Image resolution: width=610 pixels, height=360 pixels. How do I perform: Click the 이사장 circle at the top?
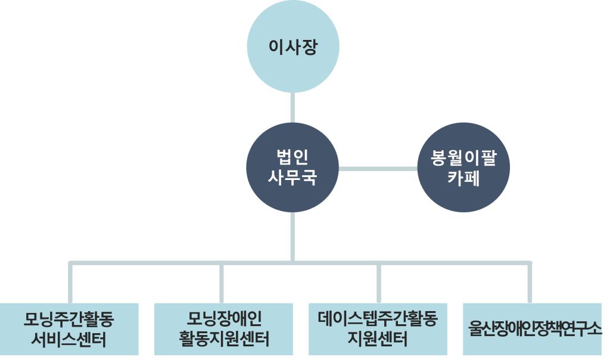pyautogui.click(x=292, y=47)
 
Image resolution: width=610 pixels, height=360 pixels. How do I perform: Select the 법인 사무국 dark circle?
pyautogui.click(x=292, y=167)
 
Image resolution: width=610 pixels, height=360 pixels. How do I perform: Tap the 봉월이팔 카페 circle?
pyautogui.click(x=463, y=167)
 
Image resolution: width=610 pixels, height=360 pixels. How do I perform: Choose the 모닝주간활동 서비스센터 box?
pyautogui.click(x=69, y=329)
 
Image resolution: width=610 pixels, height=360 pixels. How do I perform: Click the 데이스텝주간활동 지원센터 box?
pyautogui.click(x=378, y=329)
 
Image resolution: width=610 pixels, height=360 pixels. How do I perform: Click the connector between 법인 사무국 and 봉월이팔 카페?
pyautogui.click(x=378, y=169)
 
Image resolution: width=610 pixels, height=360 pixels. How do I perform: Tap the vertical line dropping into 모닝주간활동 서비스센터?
pyautogui.click(x=71, y=283)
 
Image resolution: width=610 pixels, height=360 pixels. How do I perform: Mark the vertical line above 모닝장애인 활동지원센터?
pyautogui.click(x=222, y=283)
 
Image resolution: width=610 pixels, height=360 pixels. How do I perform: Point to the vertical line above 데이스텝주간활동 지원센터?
pyautogui.click(x=379, y=283)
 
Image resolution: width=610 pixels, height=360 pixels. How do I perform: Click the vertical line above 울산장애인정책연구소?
pyautogui.click(x=530, y=283)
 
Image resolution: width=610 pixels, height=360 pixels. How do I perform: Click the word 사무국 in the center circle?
pyautogui.click(x=292, y=178)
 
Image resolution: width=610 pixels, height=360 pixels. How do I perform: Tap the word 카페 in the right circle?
pyautogui.click(x=463, y=178)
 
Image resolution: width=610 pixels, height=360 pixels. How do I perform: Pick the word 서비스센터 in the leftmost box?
pyautogui.click(x=69, y=340)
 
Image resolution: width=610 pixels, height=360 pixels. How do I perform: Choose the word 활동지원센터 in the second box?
pyautogui.click(x=223, y=340)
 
